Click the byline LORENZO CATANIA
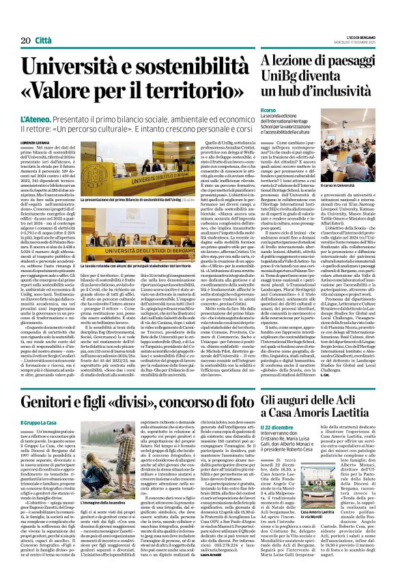click(35, 143)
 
